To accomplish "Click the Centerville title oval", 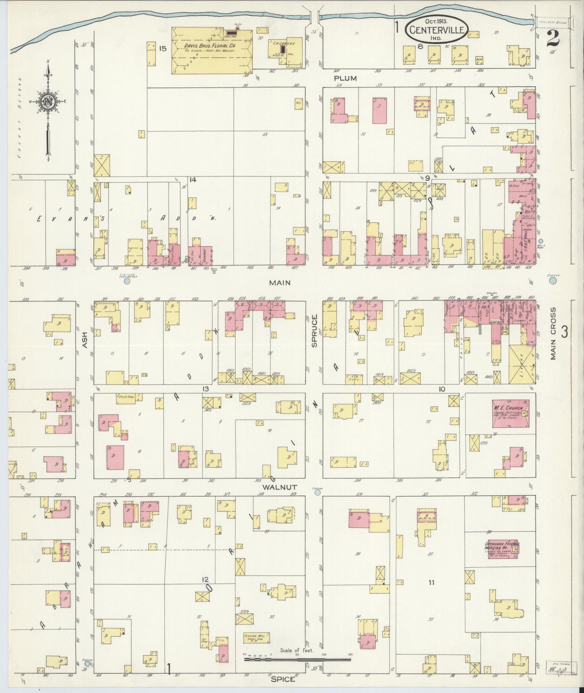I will coord(437,30).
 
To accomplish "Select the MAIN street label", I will coord(280,283).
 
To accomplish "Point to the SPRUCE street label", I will coord(314,331).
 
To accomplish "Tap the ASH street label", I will coord(85,341).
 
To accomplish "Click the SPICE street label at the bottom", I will coord(283,680).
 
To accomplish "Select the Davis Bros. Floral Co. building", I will coord(212,51).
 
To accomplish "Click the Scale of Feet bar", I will coord(298,659).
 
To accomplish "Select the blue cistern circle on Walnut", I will coord(318,492).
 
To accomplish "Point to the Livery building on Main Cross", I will coord(521,364).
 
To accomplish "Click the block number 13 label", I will coord(206,389).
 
